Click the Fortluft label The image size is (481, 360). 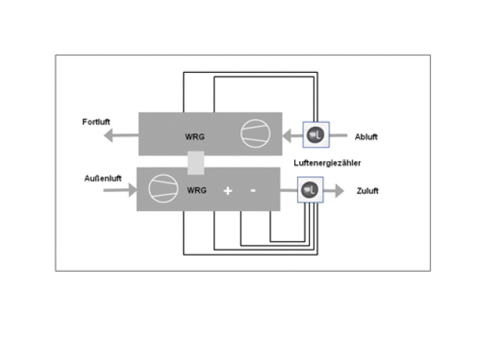[96, 122]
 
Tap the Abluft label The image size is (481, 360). [366, 137]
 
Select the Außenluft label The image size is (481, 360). [103, 178]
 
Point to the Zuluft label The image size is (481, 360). [367, 191]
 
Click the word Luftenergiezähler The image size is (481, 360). [327, 163]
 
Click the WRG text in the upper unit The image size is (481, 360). [195, 137]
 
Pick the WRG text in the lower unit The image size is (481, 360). [197, 190]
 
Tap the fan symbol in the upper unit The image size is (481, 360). [256, 134]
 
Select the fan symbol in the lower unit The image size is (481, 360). [163, 188]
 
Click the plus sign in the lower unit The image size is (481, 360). [227, 191]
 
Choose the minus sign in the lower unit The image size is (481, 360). [253, 190]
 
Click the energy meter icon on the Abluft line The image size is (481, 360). [316, 135]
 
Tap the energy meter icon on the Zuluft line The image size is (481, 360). [310, 190]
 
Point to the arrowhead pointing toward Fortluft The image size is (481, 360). [108, 135]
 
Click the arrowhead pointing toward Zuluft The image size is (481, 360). [340, 191]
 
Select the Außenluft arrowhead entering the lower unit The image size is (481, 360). [133, 190]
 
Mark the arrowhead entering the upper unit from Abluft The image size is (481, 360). [287, 136]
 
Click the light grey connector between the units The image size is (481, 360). [196, 163]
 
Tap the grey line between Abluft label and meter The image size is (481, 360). [338, 135]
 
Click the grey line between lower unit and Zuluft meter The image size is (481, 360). [289, 190]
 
